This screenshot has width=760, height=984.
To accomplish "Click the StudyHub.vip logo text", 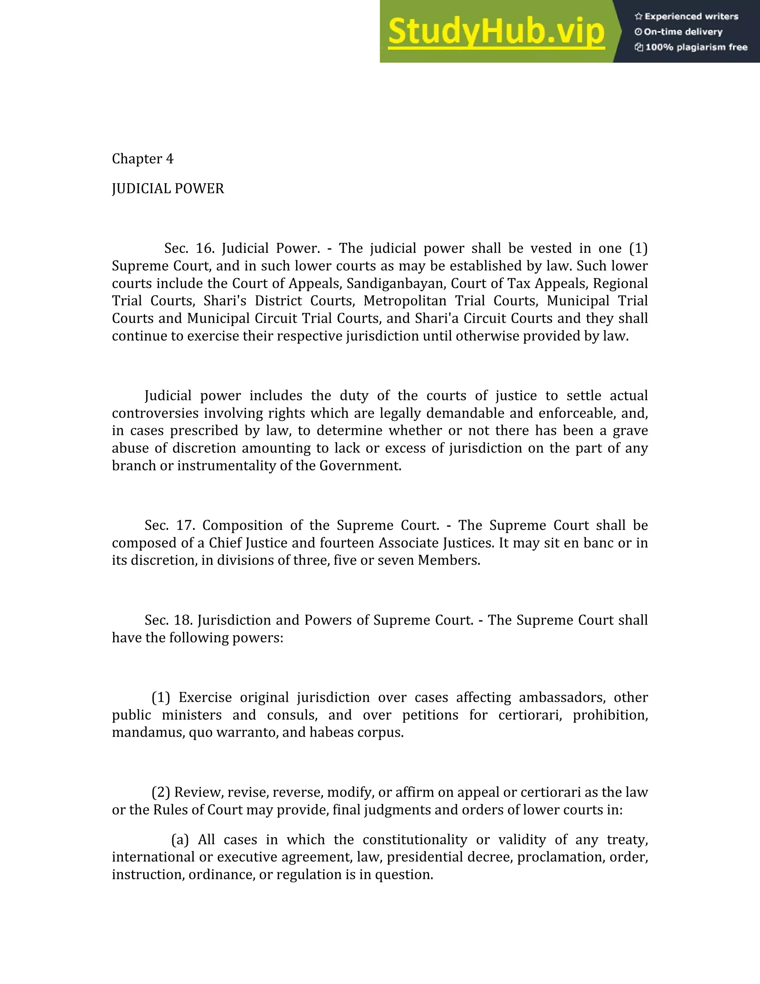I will point(496,32).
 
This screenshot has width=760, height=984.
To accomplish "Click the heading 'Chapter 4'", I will point(142,159).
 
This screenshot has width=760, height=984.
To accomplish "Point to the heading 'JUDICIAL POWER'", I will point(167,189).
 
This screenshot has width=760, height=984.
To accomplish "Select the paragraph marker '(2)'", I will point(161,792).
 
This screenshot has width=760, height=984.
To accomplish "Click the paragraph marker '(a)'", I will point(180,840).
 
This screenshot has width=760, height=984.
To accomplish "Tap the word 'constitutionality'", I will point(415,840).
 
